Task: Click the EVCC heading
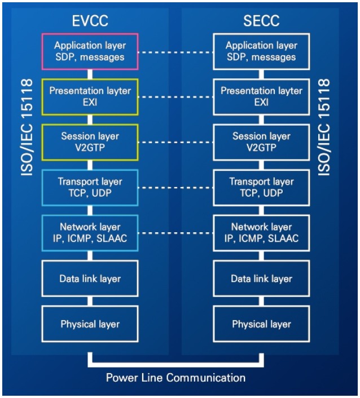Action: [x=90, y=21]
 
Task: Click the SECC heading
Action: [x=261, y=21]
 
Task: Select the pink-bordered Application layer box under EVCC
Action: [x=90, y=51]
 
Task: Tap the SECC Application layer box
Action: [x=261, y=51]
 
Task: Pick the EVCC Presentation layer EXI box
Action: [x=90, y=96]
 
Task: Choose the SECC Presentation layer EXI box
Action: [x=261, y=96]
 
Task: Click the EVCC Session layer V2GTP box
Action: [x=90, y=141]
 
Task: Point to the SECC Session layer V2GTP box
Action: [x=261, y=141]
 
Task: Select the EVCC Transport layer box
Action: [x=90, y=187]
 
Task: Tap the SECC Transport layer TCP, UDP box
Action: [x=261, y=187]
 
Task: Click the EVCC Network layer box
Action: [x=90, y=232]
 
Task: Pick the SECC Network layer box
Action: [x=261, y=232]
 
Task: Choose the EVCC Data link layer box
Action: [x=90, y=278]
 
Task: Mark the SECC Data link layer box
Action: [x=261, y=278]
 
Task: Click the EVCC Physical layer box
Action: [x=90, y=324]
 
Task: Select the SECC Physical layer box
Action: [x=261, y=324]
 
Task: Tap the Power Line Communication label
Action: [x=175, y=377]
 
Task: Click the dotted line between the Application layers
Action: [x=175, y=52]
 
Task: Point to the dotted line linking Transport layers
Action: [x=175, y=188]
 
